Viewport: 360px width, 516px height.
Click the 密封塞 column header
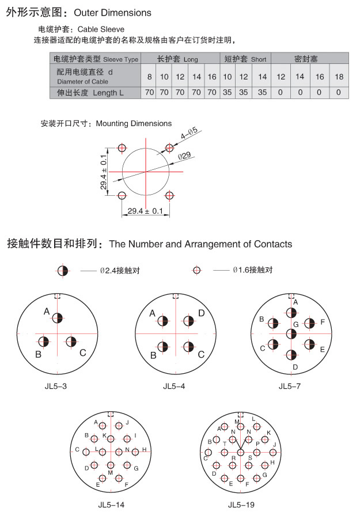coord(310,59)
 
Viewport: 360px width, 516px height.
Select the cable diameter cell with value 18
coord(339,77)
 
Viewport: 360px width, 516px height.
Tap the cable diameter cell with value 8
coord(149,77)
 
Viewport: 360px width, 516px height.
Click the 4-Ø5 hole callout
coord(188,132)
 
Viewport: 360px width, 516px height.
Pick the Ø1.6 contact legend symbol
coord(197,270)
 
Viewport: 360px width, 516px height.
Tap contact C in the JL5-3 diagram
coord(71,342)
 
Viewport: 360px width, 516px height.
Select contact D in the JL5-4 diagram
coord(188,321)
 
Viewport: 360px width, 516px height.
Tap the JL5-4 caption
coord(175,386)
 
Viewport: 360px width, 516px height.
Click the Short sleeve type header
coord(245,59)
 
